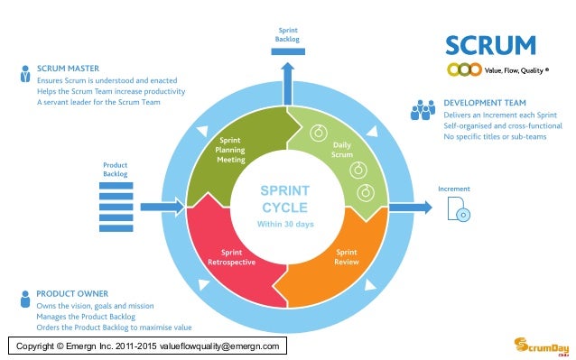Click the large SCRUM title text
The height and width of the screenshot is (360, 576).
click(490, 44)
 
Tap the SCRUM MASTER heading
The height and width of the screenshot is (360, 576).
click(68, 68)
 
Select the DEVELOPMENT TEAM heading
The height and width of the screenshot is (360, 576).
click(484, 103)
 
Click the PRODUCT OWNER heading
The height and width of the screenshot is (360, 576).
click(72, 293)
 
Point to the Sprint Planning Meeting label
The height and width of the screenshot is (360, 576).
click(231, 150)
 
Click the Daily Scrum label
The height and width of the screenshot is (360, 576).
click(342, 150)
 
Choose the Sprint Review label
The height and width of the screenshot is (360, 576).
click(347, 257)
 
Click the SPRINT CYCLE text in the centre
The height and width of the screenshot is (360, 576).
click(285, 199)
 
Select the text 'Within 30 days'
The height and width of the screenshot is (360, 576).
click(285, 224)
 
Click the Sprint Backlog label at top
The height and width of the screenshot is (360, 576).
click(287, 35)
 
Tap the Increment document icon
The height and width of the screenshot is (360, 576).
click(458, 208)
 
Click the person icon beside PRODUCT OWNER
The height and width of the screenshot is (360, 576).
click(24, 300)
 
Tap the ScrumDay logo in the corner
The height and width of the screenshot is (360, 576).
click(538, 345)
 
